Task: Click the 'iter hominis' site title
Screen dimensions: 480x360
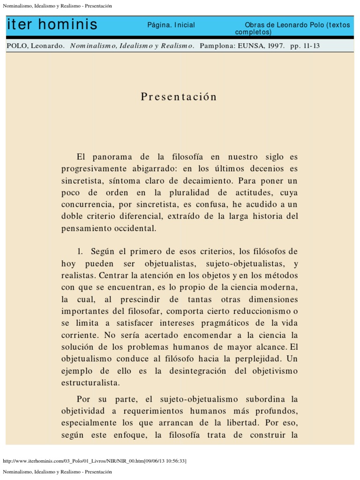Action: pos(52,25)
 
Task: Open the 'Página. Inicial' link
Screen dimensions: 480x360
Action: pos(171,25)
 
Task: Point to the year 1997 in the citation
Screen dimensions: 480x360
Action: pos(273,46)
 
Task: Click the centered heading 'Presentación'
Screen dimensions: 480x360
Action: pos(179,97)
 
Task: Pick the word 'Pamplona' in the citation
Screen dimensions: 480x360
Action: pos(219,46)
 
